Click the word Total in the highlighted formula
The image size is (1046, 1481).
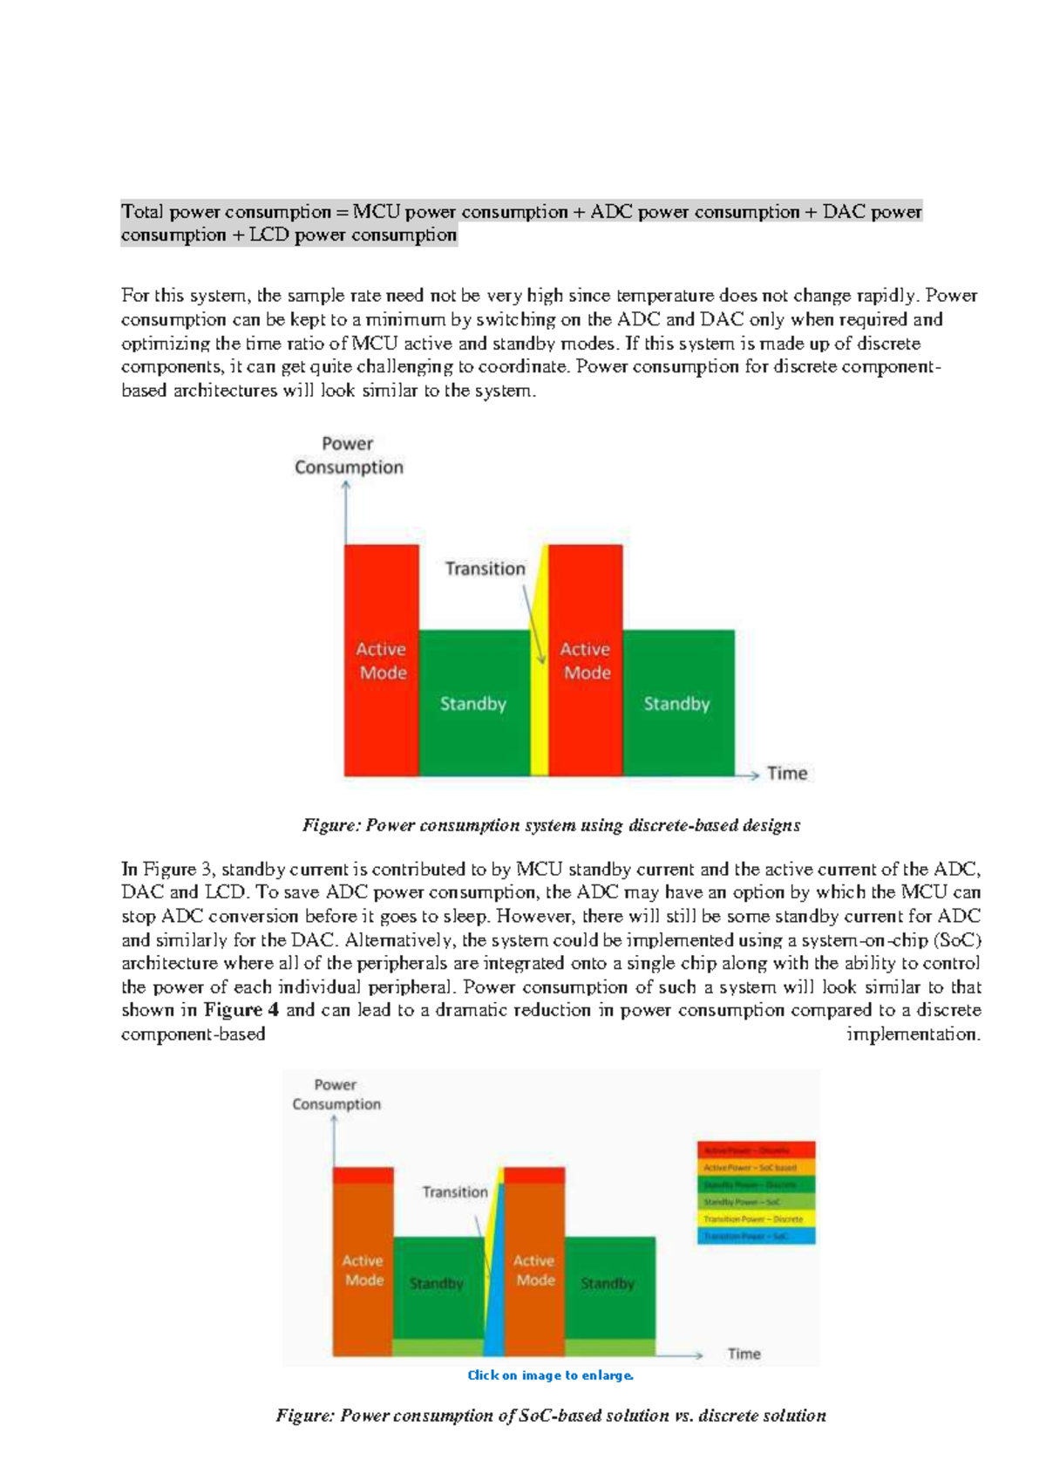(142, 212)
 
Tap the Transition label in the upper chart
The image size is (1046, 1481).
(486, 569)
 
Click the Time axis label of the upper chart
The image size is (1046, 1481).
(786, 774)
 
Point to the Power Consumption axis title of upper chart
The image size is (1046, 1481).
(349, 455)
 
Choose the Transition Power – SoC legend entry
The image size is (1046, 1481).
(756, 1236)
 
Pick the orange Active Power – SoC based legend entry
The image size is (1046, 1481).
(756, 1167)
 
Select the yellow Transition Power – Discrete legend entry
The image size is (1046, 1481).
(756, 1219)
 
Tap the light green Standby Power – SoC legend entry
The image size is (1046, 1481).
(756, 1202)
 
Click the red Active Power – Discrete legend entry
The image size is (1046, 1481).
(756, 1150)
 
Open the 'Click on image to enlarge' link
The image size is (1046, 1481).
(550, 1375)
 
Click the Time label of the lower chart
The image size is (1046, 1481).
(744, 1354)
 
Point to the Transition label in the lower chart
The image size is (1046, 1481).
(455, 1191)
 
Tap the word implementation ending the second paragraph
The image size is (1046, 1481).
(913, 1034)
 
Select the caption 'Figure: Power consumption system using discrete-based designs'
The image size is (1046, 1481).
(551, 825)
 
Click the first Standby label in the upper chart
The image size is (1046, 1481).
(472, 704)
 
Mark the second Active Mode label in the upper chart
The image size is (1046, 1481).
(586, 661)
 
